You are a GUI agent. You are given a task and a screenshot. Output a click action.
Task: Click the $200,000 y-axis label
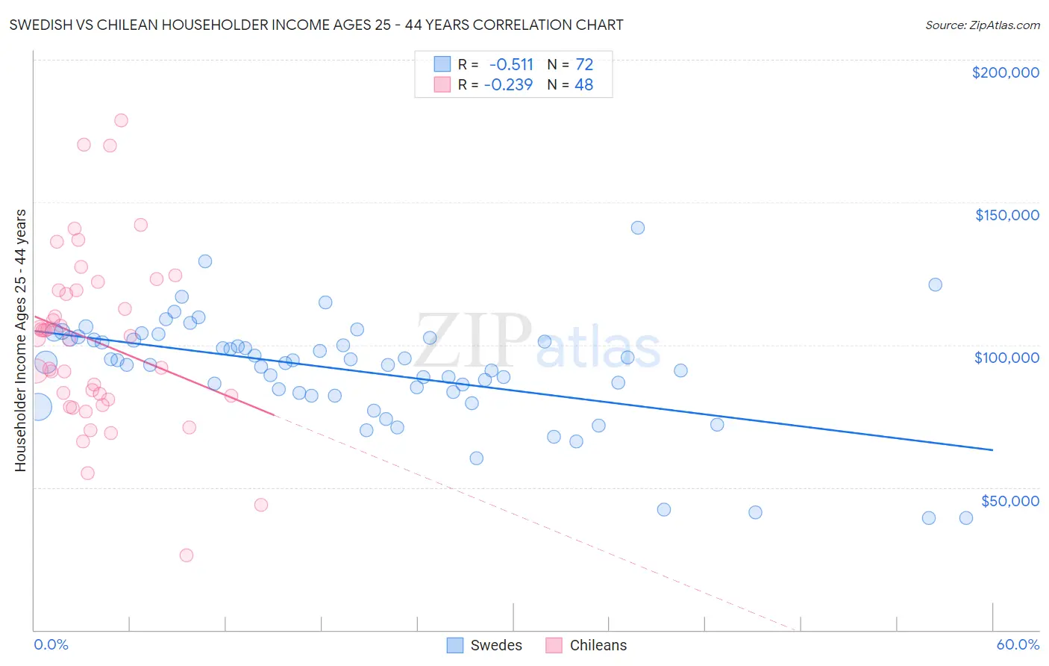click(x=1005, y=72)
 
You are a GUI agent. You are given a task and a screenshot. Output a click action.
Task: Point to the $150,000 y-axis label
click(x=1006, y=215)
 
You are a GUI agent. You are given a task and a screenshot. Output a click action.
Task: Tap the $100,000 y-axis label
click(x=1006, y=358)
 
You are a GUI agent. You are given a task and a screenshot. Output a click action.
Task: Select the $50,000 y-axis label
click(x=1009, y=500)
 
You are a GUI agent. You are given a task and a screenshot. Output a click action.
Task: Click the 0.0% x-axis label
click(x=51, y=644)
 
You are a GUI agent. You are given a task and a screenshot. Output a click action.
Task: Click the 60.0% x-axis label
click(x=1018, y=644)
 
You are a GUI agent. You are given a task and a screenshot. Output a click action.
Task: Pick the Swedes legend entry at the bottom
click(x=485, y=645)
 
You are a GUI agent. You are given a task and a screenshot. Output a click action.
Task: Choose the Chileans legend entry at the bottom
click(x=586, y=645)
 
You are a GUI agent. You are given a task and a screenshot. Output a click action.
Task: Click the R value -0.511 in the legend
click(x=511, y=65)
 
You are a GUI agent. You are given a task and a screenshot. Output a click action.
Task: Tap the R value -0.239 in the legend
click(x=508, y=85)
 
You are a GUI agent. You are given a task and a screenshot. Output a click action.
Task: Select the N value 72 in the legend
click(x=584, y=65)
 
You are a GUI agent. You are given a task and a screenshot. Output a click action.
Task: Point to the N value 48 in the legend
click(x=583, y=85)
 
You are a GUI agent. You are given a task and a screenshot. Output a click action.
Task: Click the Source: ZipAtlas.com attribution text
click(x=982, y=25)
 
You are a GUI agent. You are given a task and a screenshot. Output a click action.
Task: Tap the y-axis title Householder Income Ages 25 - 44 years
click(x=20, y=340)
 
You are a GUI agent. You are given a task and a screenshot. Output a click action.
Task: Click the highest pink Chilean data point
click(x=121, y=120)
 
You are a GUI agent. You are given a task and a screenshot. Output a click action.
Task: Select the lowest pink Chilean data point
click(x=187, y=555)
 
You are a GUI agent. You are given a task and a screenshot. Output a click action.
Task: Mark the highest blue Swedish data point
click(x=637, y=228)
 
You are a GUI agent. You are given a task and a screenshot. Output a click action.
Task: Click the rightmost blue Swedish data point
click(x=965, y=517)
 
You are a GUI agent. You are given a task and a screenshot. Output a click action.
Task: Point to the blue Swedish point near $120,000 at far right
click(x=935, y=284)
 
